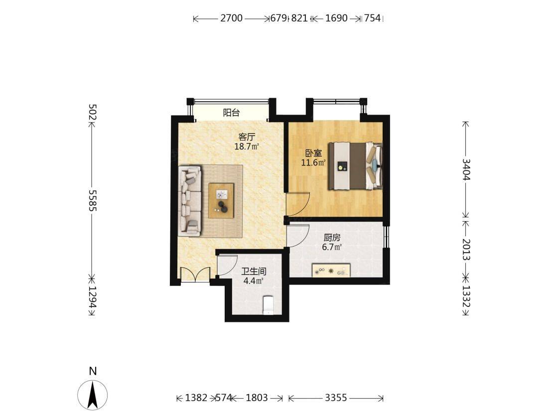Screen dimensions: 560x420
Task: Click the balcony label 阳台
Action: tap(231, 113)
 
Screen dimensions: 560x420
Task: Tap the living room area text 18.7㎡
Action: tap(247, 146)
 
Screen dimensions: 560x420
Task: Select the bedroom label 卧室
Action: tap(313, 153)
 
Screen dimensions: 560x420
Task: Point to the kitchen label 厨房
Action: tap(332, 238)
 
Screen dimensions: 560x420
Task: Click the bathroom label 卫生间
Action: tap(254, 272)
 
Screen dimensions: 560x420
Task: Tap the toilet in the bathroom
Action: tap(268, 305)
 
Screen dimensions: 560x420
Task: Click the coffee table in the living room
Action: tap(221, 200)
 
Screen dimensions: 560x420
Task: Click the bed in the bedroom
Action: tap(356, 166)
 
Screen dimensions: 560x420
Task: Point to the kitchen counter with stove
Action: tap(331, 271)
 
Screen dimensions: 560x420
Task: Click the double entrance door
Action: tap(195, 275)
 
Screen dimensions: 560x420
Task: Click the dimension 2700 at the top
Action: tap(232, 18)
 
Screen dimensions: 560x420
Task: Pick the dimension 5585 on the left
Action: tap(93, 200)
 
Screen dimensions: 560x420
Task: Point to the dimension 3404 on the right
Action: tap(466, 169)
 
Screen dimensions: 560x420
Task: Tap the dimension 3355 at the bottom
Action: tap(336, 398)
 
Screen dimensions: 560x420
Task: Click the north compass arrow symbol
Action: tap(93, 395)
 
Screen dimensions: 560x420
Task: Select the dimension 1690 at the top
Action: tap(336, 18)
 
